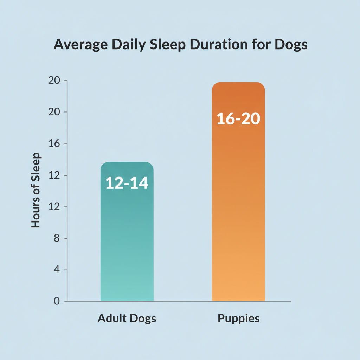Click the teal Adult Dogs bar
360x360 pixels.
point(127,246)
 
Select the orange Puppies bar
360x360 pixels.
point(238,211)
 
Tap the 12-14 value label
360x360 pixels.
point(127,184)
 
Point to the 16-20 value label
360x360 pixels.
point(238,119)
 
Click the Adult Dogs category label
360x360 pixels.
point(127,319)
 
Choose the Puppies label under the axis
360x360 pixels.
point(239,319)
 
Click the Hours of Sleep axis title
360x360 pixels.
point(36,190)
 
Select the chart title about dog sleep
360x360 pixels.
point(180,45)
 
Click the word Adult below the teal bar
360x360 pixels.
point(109,319)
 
